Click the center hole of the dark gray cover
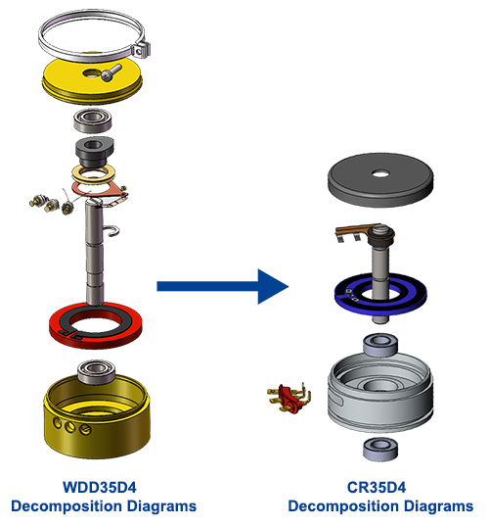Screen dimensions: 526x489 379,177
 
